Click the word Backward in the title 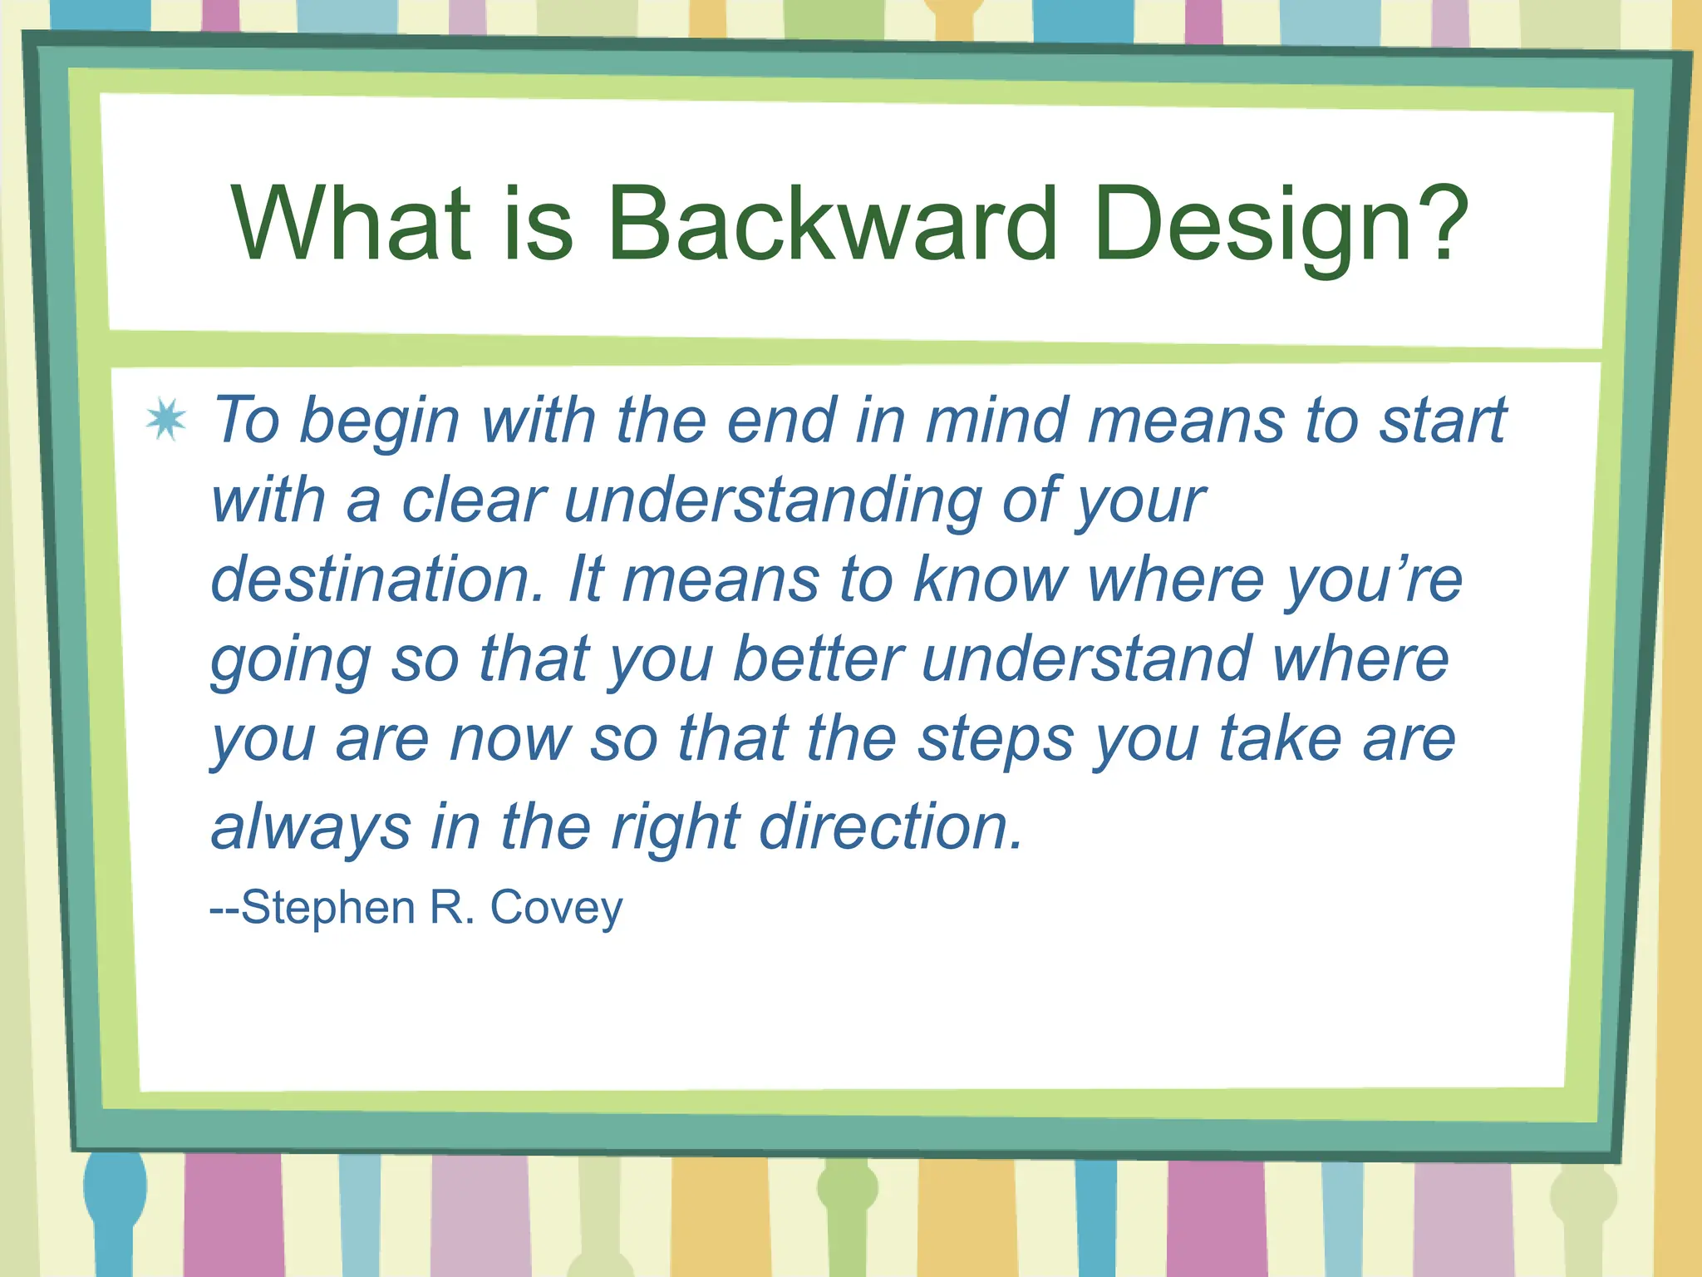[x=833, y=223]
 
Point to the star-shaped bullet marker [x=166, y=419]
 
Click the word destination [x=376, y=579]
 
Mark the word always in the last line [x=311, y=828]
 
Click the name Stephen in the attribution [x=328, y=907]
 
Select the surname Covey [x=556, y=908]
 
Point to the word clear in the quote [x=474, y=501]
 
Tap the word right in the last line [x=676, y=828]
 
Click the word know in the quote [x=990, y=579]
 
